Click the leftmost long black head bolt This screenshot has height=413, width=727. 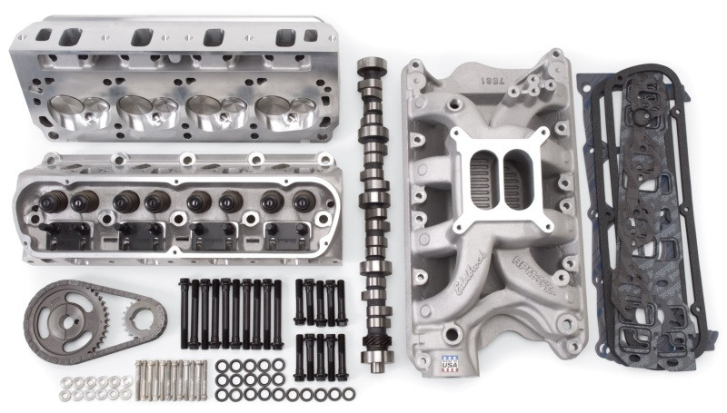coord(184,313)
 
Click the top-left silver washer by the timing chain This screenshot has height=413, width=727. coord(65,382)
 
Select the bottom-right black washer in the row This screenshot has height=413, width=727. coord(349,395)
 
